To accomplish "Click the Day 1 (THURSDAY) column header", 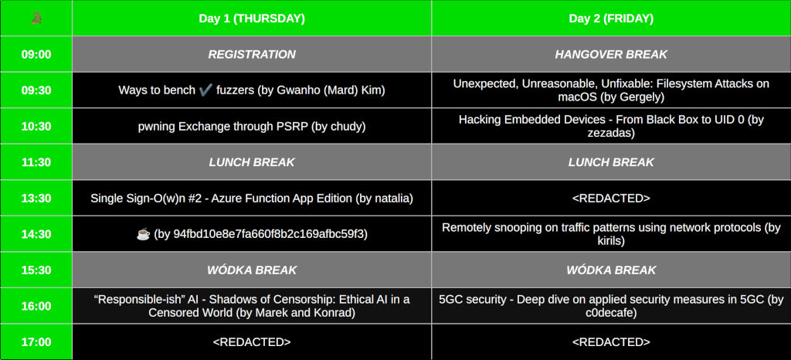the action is (x=252, y=19).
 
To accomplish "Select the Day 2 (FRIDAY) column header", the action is (x=611, y=19).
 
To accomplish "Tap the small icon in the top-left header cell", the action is (x=36, y=19).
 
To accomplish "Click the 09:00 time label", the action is (x=36, y=54).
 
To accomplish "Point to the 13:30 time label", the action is (x=36, y=198).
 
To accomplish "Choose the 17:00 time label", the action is (x=36, y=342).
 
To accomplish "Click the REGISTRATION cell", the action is (x=252, y=54).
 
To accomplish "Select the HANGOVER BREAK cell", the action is (x=611, y=54).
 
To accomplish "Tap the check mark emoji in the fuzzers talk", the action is (x=205, y=90).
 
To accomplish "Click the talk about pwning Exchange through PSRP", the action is (x=252, y=127).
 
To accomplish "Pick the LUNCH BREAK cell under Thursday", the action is (x=252, y=162).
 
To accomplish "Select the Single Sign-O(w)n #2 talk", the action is (x=252, y=198).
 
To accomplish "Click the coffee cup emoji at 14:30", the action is (x=143, y=234).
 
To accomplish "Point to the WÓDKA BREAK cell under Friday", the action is (x=611, y=270).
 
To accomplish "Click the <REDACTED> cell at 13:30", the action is (x=611, y=198).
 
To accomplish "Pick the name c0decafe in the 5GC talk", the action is (x=611, y=313).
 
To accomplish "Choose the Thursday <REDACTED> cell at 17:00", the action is (x=252, y=342).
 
